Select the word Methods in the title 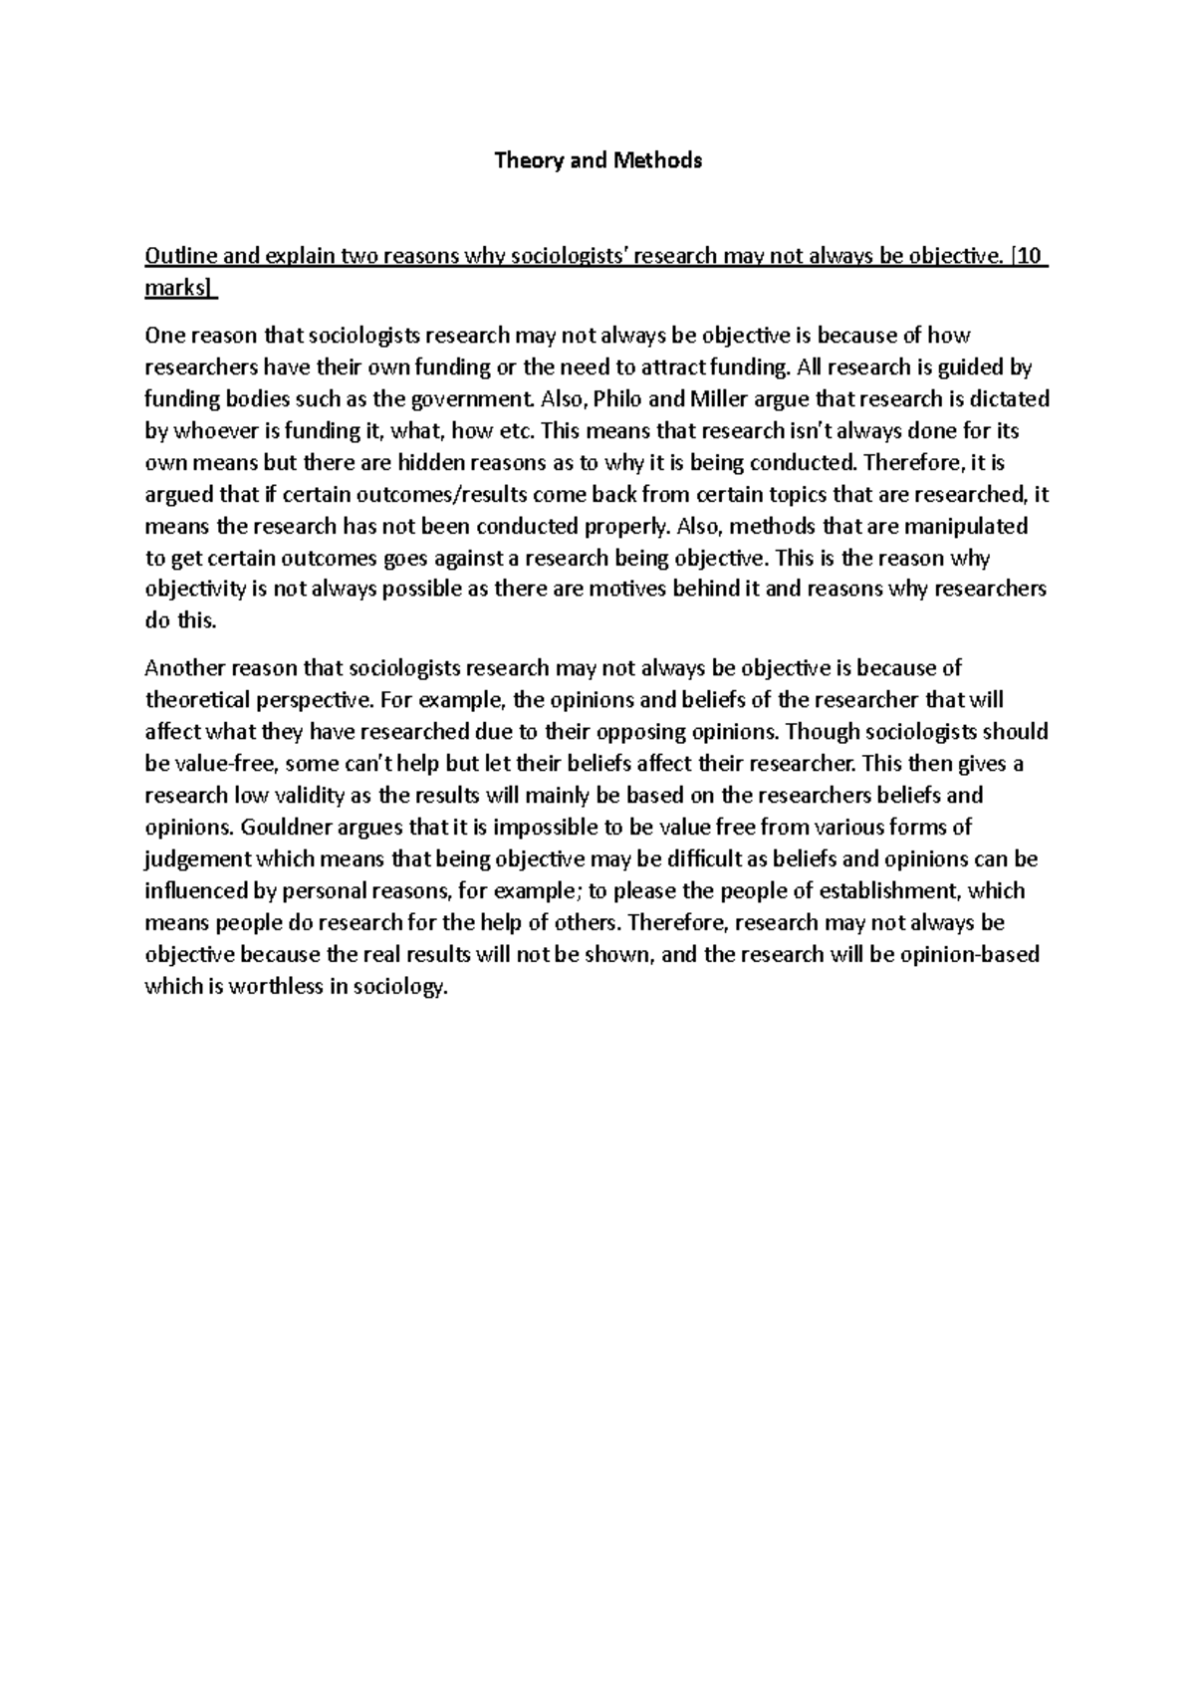(x=657, y=160)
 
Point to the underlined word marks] (x=179, y=289)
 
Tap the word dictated (x=1008, y=399)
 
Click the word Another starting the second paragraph (x=182, y=668)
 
